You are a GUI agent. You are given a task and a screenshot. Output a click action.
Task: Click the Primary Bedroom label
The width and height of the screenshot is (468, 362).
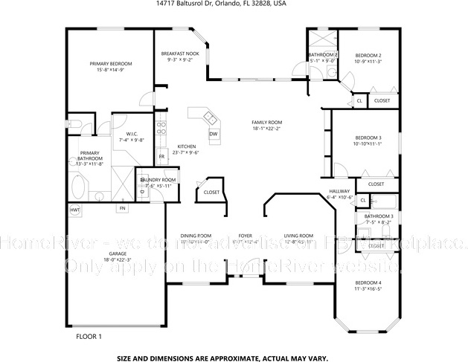tap(106, 64)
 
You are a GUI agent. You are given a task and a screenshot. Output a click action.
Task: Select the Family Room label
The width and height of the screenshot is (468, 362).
tap(266, 122)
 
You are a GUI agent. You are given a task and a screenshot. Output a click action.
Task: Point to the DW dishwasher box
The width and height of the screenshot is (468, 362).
tap(213, 134)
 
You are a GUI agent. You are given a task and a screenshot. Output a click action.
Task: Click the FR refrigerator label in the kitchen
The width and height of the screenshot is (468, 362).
tap(161, 157)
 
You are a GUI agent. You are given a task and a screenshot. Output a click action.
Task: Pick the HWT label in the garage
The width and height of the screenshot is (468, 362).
tap(75, 210)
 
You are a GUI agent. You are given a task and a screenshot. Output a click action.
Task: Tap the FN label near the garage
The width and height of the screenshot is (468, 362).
tap(121, 208)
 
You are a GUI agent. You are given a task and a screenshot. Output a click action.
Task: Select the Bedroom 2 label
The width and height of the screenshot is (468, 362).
tap(368, 56)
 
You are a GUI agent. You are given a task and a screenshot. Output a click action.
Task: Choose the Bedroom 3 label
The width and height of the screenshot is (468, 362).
tap(368, 138)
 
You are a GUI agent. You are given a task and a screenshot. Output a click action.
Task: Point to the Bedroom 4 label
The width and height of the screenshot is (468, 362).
tap(368, 283)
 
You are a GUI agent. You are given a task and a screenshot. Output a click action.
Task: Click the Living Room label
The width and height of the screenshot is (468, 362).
tap(298, 236)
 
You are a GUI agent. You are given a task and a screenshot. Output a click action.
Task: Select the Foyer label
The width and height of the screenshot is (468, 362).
tap(244, 236)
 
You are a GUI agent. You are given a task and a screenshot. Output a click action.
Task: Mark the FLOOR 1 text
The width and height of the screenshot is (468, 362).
tap(89, 337)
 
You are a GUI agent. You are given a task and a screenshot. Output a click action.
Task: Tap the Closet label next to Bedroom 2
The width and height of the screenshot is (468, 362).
tap(382, 100)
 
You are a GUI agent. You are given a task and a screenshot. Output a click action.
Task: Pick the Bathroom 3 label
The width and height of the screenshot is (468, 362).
tap(378, 216)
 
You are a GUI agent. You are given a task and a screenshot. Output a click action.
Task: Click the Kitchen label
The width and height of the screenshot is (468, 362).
tap(186, 146)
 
